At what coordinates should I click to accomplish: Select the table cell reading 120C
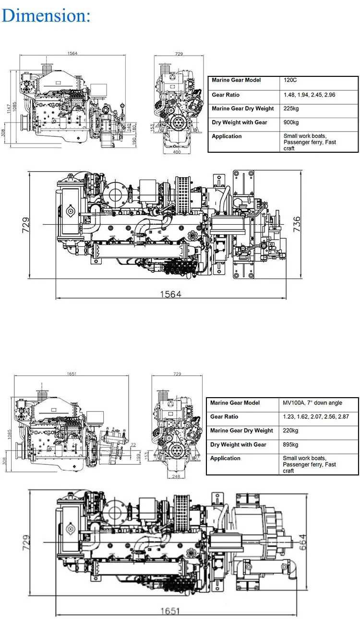tap(290, 80)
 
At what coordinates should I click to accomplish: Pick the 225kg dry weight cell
tap(291, 109)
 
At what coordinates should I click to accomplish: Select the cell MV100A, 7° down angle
tap(312, 403)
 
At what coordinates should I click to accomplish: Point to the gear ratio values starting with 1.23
tap(312, 417)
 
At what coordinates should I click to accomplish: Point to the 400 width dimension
tap(178, 152)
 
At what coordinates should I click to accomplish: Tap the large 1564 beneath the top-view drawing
tap(170, 294)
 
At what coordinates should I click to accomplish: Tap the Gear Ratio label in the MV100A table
tap(224, 417)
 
